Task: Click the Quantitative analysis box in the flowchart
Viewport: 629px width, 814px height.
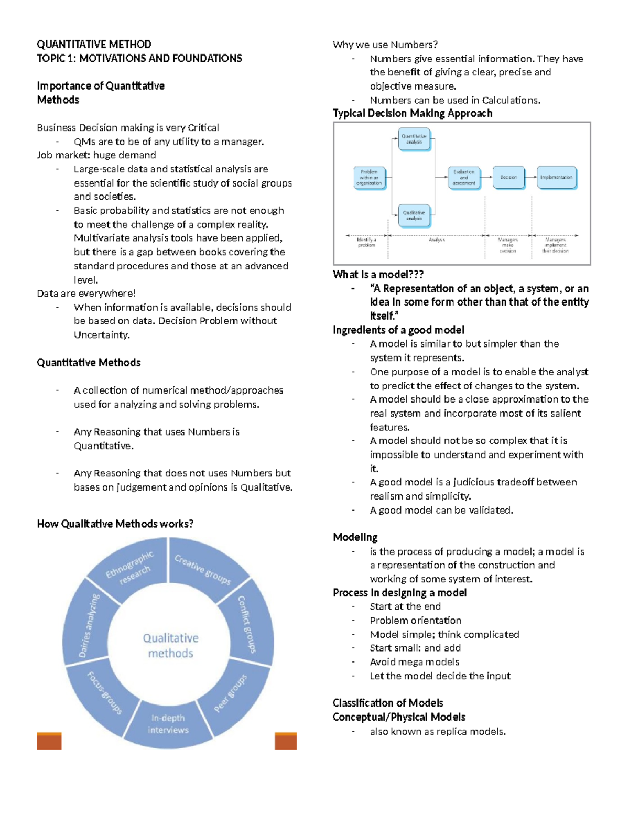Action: (x=414, y=139)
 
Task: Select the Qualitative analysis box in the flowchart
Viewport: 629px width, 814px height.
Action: (x=414, y=215)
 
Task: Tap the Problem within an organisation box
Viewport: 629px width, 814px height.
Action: (x=369, y=178)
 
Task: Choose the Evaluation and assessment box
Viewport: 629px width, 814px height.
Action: (x=464, y=178)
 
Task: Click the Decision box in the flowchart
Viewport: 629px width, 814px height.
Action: (x=508, y=178)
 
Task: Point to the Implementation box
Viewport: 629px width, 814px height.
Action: (x=556, y=178)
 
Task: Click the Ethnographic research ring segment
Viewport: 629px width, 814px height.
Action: (x=129, y=568)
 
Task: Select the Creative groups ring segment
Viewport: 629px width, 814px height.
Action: (x=203, y=568)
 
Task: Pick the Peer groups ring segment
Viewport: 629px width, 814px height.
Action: (x=231, y=693)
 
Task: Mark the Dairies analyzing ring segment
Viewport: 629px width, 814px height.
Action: (x=88, y=626)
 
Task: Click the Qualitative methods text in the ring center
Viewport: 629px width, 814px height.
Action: (x=170, y=646)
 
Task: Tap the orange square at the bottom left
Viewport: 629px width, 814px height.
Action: (x=49, y=741)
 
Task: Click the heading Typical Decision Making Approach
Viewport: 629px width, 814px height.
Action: (x=413, y=113)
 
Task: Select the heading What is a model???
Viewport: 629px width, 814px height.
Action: (x=378, y=275)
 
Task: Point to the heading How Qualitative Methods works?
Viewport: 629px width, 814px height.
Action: (x=115, y=524)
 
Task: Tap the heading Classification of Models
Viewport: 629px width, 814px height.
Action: (x=387, y=703)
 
